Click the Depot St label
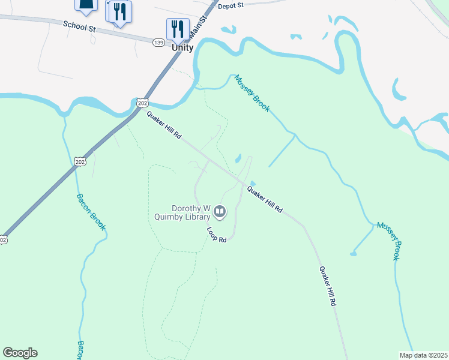[231, 5]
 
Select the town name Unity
[182, 48]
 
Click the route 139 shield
[158, 42]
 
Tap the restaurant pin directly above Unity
[178, 29]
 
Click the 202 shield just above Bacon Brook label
[81, 161]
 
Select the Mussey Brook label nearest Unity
[252, 92]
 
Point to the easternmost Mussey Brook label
[388, 241]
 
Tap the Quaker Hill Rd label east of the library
[265, 200]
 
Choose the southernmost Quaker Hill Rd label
[327, 287]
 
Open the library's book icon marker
[220, 211]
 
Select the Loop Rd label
[217, 235]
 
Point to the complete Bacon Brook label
[91, 212]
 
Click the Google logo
[20, 353]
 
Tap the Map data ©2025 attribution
[424, 355]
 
